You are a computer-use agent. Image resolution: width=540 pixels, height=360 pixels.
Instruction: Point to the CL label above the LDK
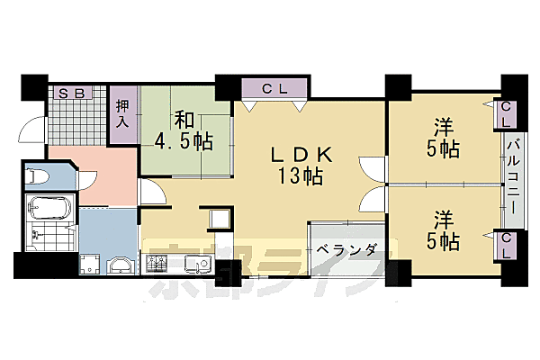(x=274, y=88)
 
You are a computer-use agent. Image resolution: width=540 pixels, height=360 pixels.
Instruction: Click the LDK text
(x=302, y=154)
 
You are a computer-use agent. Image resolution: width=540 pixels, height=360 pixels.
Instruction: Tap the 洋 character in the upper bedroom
(x=440, y=128)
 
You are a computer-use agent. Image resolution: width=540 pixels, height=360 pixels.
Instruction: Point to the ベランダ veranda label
(x=346, y=249)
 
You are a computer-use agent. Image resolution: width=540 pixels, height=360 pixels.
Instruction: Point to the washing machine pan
(x=90, y=265)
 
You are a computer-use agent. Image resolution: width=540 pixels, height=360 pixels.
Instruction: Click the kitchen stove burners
(x=157, y=265)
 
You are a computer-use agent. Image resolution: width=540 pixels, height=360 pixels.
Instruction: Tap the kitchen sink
(x=196, y=265)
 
